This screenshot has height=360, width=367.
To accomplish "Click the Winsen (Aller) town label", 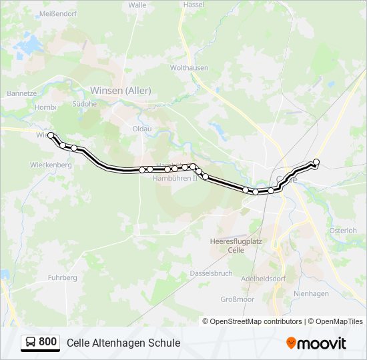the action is click(120, 91).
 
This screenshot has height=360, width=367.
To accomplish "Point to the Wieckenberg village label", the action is click(51, 164).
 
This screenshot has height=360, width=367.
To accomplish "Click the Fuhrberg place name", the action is click(63, 277).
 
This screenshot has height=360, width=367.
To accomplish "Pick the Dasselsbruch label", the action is click(211, 273).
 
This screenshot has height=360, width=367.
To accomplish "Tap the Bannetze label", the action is click(21, 94).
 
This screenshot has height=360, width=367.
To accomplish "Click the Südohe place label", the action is click(84, 105).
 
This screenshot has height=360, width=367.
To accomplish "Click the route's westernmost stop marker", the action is click(51, 135).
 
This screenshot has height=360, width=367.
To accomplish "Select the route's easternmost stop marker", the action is click(316, 162).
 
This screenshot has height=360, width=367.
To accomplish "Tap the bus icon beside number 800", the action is click(31, 342).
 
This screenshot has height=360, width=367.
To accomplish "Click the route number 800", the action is click(48, 342).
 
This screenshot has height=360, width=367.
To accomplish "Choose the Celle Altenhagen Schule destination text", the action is click(123, 343).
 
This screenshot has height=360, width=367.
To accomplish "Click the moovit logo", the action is click(316, 343).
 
